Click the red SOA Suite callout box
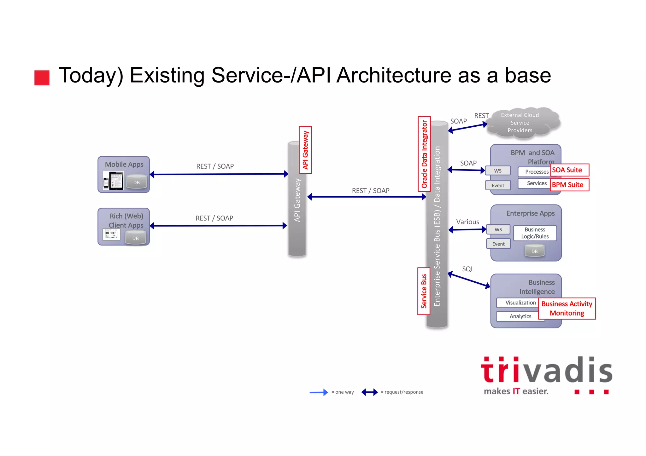point(570,170)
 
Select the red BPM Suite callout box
point(570,185)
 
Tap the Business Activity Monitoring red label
point(567,309)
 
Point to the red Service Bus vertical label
point(424,291)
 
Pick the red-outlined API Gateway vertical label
point(305,150)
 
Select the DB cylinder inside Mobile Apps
point(136,182)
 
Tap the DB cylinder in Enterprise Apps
point(534,251)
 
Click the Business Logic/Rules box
point(535,233)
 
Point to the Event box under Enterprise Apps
point(498,244)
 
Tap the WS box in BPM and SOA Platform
point(498,171)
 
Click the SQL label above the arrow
point(468,269)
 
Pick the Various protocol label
point(467,222)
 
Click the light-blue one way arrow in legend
point(319,392)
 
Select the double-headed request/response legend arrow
point(369,392)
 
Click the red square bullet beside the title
point(42,78)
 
